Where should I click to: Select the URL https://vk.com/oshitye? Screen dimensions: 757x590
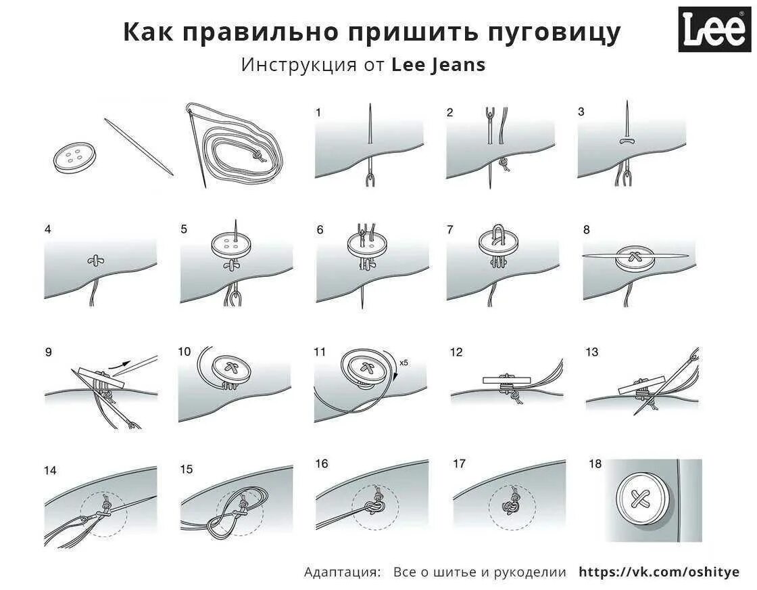659,572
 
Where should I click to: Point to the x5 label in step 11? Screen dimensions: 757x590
404,363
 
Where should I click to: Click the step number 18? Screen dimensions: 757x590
595,464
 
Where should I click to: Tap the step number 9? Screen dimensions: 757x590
48,352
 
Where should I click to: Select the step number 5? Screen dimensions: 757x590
184,229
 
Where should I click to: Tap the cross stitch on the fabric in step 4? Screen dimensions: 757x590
95,260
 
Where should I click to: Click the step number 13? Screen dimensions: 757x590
592,352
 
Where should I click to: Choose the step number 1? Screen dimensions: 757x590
318,112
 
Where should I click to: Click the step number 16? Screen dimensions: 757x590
322,464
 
